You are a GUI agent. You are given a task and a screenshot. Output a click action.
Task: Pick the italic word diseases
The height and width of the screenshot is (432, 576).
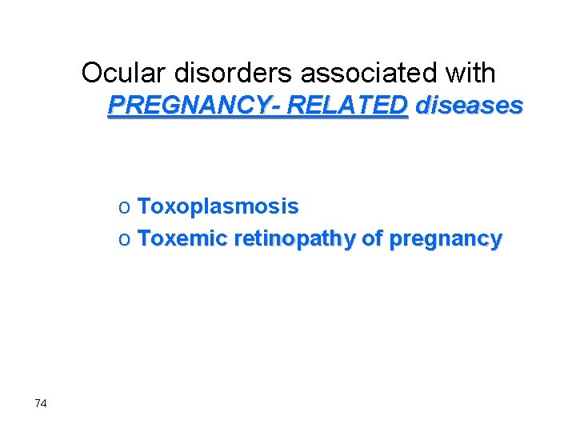pyautogui.click(x=470, y=105)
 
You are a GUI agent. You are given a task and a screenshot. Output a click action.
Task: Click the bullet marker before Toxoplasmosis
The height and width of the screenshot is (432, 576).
pyautogui.click(x=124, y=207)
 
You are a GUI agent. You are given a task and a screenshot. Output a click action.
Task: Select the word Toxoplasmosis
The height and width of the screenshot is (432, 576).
pyautogui.click(x=218, y=206)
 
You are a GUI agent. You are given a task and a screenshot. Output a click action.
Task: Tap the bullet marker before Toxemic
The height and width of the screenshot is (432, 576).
pyautogui.click(x=124, y=238)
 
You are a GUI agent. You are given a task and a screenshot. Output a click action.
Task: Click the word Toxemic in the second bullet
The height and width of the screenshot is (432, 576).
pyautogui.click(x=183, y=238)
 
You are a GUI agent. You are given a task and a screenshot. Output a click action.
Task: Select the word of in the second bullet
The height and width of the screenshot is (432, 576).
pyautogui.click(x=374, y=238)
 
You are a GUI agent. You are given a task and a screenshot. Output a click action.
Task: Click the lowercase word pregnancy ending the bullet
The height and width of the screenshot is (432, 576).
pyautogui.click(x=446, y=239)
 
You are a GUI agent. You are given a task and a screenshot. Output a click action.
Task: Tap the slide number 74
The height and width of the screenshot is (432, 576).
pyautogui.click(x=41, y=403)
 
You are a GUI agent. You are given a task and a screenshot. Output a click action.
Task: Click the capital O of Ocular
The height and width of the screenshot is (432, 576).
pyautogui.click(x=92, y=73)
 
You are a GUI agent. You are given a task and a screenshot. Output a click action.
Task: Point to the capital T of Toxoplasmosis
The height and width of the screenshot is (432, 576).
pyautogui.click(x=144, y=206)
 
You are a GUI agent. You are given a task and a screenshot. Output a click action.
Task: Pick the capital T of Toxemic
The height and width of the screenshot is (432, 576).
pyautogui.click(x=144, y=238)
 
